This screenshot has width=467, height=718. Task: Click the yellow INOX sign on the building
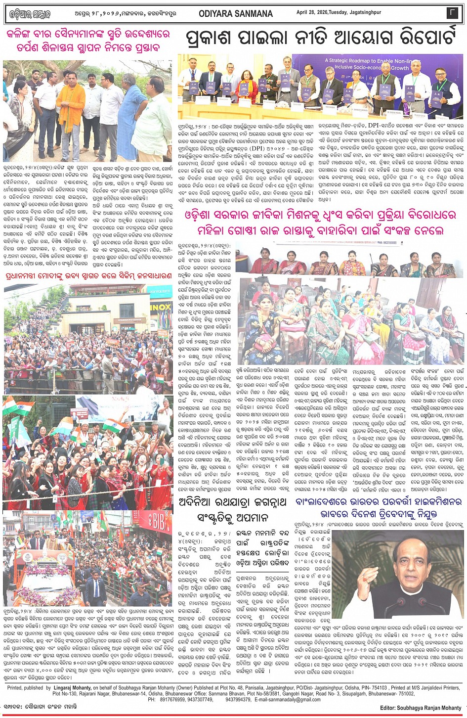coord(161,307)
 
